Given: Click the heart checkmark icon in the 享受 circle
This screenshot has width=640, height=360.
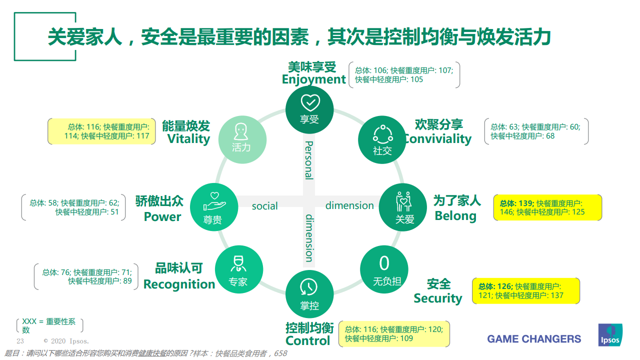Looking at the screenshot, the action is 310,103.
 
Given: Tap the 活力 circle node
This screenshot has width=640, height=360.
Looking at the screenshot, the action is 242,139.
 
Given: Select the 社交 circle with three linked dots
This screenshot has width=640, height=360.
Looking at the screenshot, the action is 382,139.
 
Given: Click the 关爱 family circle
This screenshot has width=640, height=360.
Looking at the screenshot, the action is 403,207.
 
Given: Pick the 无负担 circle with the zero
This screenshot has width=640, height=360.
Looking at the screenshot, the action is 384,269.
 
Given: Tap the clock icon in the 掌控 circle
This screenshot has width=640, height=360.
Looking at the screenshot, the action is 308,287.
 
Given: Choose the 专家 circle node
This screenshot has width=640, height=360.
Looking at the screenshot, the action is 239,269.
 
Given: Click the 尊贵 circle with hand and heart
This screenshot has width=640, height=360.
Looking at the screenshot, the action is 214,207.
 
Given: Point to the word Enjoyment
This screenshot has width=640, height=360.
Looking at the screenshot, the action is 313,79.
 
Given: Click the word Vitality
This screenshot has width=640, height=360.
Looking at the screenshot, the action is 188,139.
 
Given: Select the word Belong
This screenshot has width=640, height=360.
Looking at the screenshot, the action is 455,216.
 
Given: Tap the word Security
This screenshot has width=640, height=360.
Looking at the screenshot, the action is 437,298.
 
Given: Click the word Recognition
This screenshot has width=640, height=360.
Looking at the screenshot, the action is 179,284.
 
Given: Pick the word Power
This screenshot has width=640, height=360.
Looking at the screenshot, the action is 162,217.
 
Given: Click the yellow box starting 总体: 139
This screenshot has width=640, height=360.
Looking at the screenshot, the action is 547,207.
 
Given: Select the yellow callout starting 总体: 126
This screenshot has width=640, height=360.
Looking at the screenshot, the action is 526,291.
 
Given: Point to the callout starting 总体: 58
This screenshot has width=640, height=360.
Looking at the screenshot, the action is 73,207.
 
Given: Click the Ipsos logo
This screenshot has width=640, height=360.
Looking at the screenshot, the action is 610,335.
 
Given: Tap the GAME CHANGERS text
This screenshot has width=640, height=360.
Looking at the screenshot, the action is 534,339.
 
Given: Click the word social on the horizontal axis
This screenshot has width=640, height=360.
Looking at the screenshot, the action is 264,206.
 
